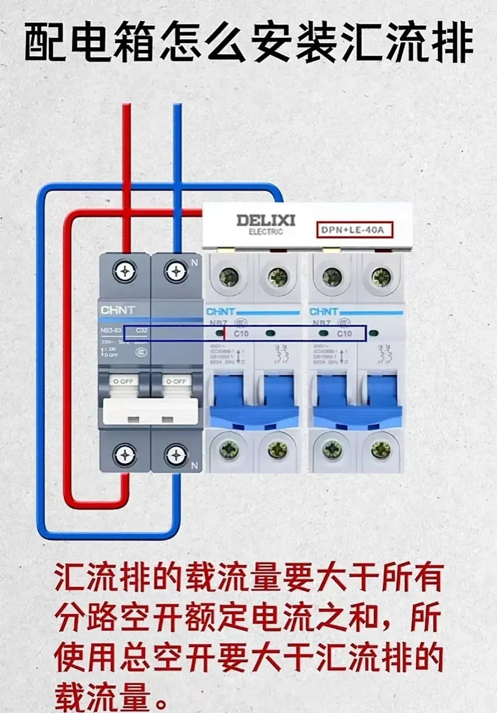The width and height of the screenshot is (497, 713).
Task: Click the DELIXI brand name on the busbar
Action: [x=266, y=220]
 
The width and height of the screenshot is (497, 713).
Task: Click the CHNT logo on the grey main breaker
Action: [x=117, y=310]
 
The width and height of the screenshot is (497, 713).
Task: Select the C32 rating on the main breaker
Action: [x=142, y=330]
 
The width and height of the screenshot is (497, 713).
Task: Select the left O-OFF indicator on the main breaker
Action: [x=123, y=381]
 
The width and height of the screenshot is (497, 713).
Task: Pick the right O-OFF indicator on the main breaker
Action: [x=175, y=381]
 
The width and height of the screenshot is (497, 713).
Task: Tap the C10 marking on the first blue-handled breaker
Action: [x=241, y=333]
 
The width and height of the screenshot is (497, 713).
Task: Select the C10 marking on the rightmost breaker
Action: [x=344, y=333]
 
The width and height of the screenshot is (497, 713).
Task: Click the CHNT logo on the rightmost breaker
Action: [x=324, y=311]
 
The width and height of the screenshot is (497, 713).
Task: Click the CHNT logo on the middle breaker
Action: [x=220, y=311]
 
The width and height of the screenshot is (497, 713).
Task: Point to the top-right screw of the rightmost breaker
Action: [x=381, y=277]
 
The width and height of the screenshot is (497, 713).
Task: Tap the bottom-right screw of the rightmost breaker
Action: [x=381, y=448]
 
